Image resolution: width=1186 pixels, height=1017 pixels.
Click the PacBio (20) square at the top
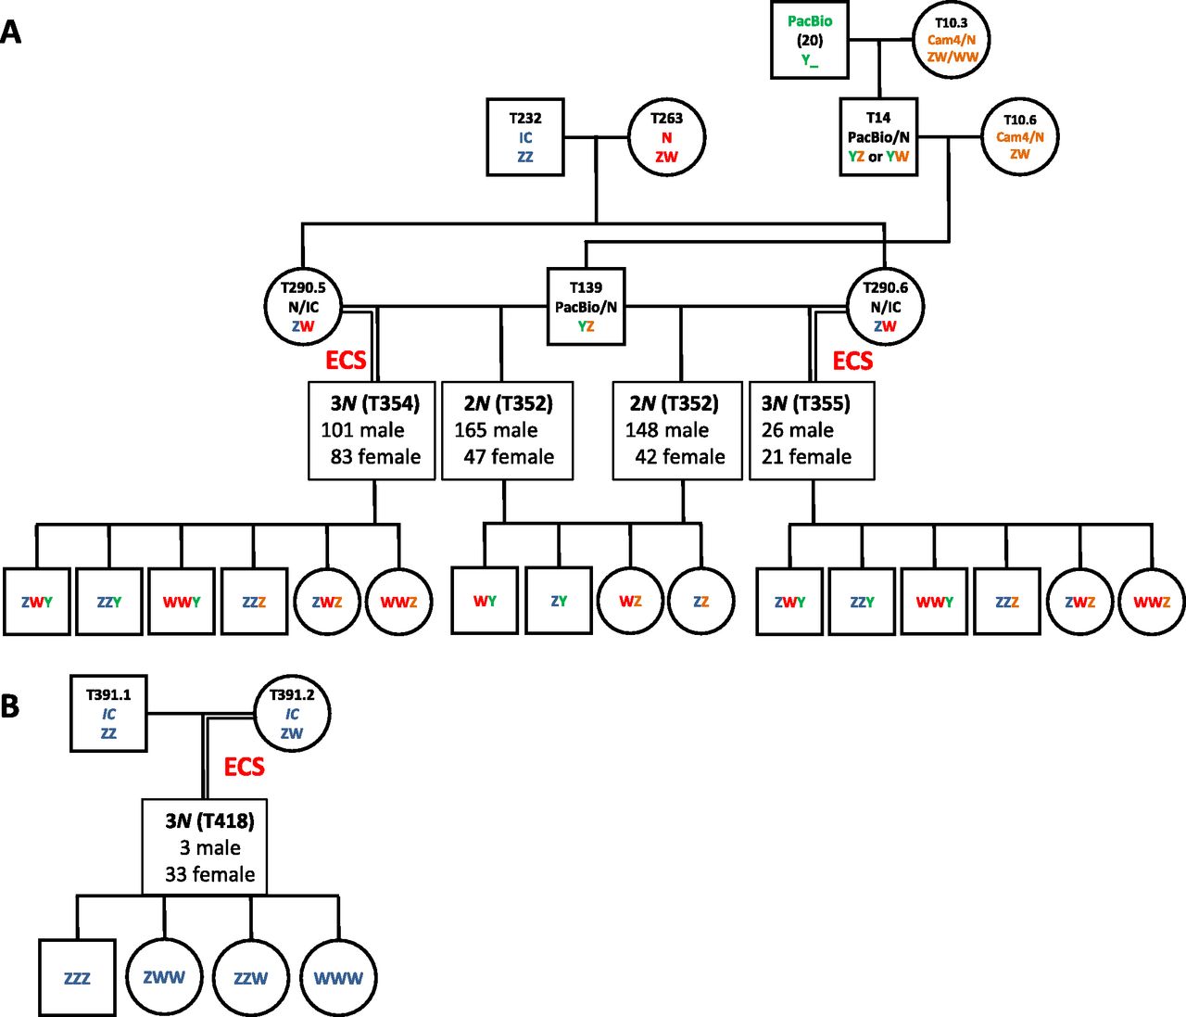pyautogui.click(x=810, y=41)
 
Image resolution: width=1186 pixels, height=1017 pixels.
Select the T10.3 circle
pyautogui.click(x=952, y=40)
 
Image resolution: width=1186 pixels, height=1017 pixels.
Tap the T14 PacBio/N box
pyautogui.click(x=878, y=137)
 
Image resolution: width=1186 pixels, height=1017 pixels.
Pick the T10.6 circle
pyautogui.click(x=1019, y=137)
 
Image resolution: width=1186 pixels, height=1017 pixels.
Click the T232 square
pyautogui.click(x=525, y=137)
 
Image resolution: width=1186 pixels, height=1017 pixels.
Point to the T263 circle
pyautogui.click(x=666, y=137)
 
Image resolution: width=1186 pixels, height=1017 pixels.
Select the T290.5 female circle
pyautogui.click(x=303, y=307)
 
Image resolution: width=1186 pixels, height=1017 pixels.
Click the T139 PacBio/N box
pyautogui.click(x=586, y=307)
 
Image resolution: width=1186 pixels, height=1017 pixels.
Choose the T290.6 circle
pyautogui.click(x=885, y=307)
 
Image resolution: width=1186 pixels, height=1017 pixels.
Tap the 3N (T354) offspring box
pyautogui.click(x=372, y=430)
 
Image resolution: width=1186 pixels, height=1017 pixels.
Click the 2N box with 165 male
pyautogui.click(x=507, y=430)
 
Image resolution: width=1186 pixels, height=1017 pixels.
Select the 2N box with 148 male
pyautogui.click(x=677, y=430)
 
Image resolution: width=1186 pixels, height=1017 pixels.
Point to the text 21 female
pyautogui.click(x=806, y=457)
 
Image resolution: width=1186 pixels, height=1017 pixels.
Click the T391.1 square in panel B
pyautogui.click(x=108, y=714)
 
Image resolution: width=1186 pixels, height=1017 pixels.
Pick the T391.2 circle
pyautogui.click(x=292, y=714)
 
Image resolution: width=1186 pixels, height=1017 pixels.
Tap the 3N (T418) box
pyautogui.click(x=205, y=846)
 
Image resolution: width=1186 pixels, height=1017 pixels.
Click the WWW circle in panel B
pyautogui.click(x=338, y=978)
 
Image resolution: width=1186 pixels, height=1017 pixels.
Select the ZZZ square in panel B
pyautogui.click(x=77, y=978)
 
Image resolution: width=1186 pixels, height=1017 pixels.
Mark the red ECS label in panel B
pyautogui.click(x=245, y=767)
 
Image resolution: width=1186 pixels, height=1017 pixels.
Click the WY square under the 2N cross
pyautogui.click(x=485, y=601)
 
